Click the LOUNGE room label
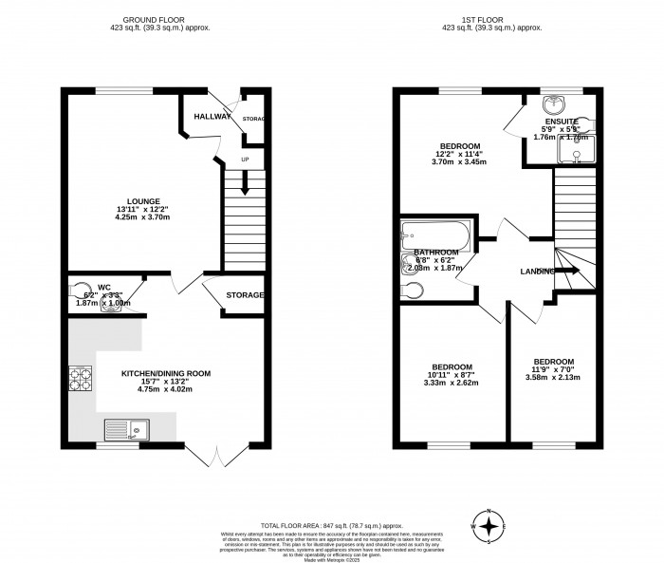144,201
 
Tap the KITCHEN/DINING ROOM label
166,373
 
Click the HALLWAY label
212,116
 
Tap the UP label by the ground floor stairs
245,160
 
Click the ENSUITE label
559,121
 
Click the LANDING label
537,272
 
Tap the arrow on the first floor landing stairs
567,271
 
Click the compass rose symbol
489,525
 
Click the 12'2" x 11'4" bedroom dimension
462,154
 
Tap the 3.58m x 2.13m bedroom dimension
552,379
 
